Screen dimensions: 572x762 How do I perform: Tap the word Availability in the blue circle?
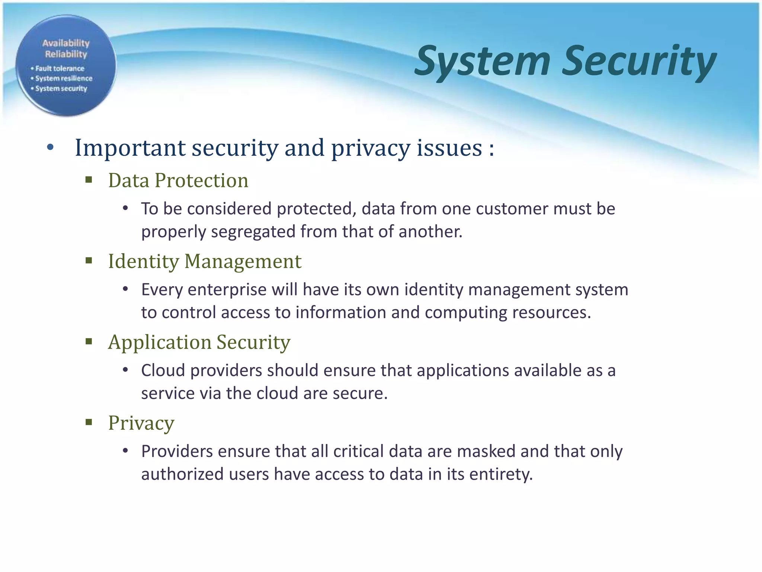click(66, 43)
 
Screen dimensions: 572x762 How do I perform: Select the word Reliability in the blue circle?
click(66, 54)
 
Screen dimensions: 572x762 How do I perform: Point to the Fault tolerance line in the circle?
click(60, 69)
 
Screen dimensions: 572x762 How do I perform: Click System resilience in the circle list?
click(64, 79)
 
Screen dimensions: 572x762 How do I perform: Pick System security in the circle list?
click(61, 89)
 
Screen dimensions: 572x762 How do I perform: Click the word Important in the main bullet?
click(130, 148)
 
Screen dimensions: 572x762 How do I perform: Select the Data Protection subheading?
click(178, 181)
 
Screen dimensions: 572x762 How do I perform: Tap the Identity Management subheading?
click(205, 261)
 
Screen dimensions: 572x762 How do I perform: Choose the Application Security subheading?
click(199, 342)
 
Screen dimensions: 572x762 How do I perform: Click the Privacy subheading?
click(141, 423)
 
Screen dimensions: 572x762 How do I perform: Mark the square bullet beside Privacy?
click(89, 422)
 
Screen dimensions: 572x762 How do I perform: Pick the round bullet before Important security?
click(51, 148)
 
